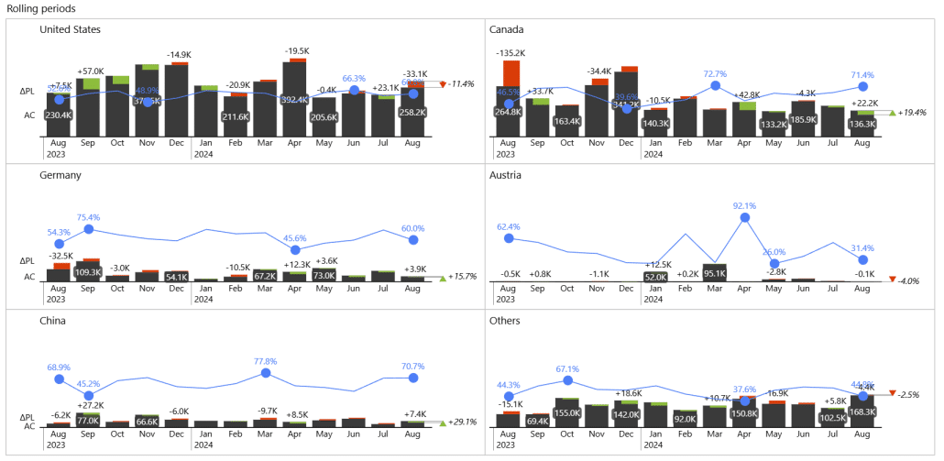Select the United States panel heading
71,29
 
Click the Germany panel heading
61,174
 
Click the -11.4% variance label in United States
462,84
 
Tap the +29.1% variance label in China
462,423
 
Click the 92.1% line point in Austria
744,217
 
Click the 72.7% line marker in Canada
715,86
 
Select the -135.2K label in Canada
510,53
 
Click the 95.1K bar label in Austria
714,274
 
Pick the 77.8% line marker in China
266,373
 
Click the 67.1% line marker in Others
567,379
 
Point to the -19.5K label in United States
296,51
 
